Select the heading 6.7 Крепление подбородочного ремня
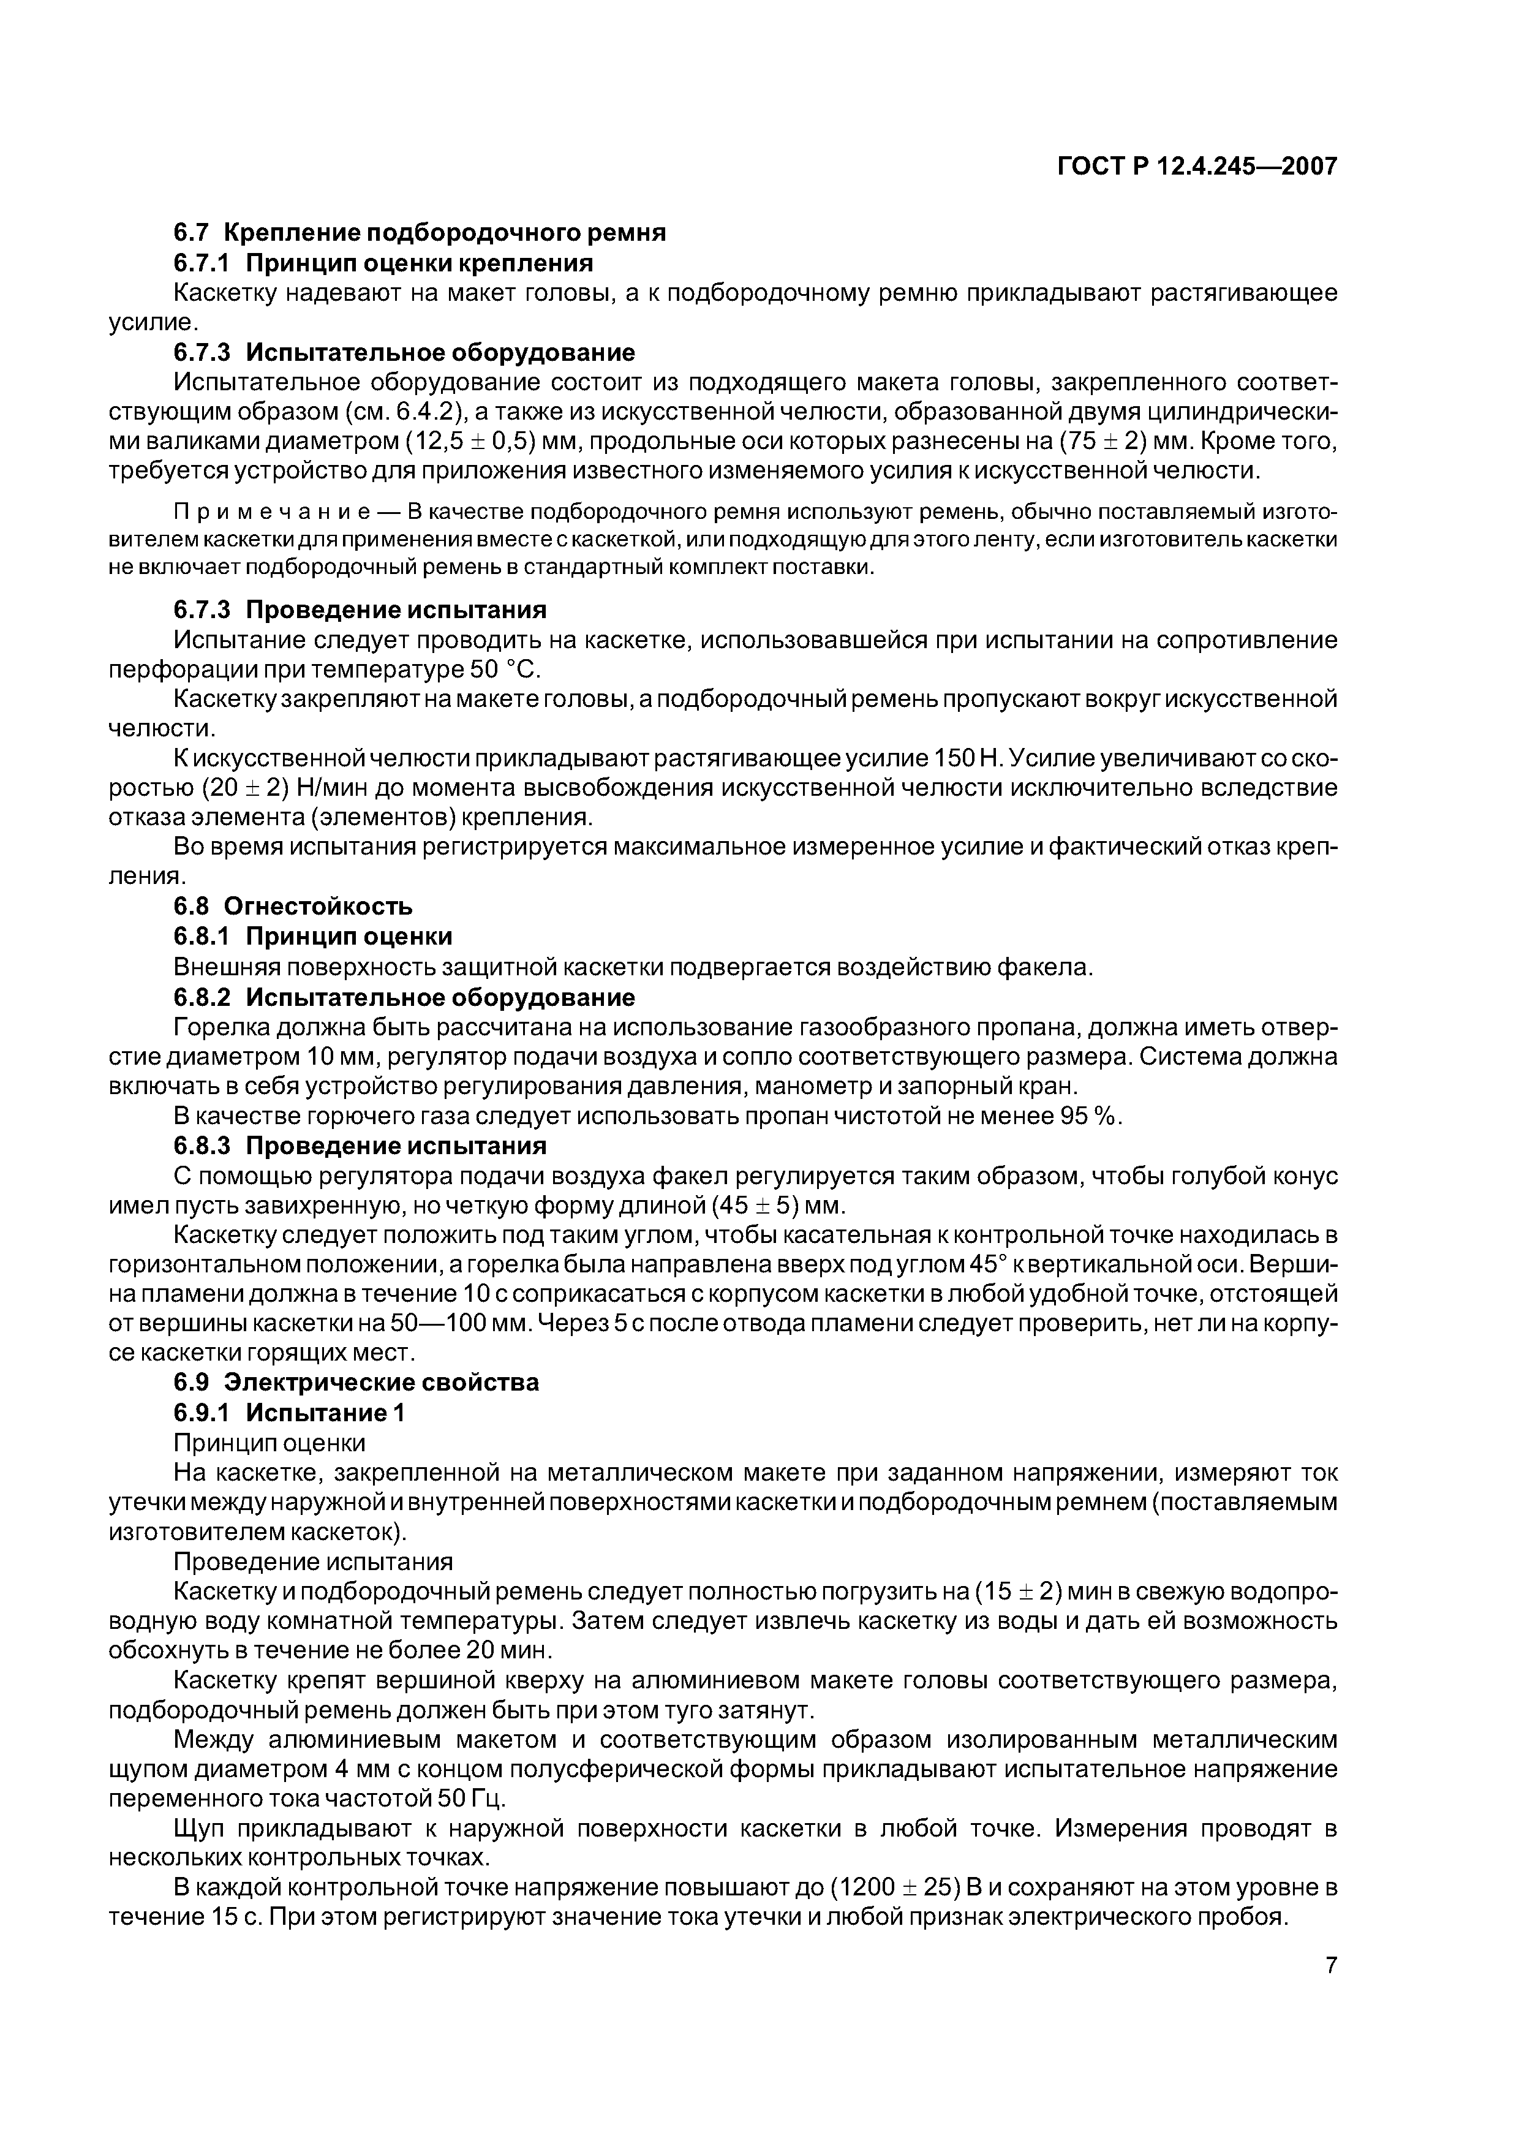tap(420, 233)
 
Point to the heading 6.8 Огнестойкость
tap(292, 906)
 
